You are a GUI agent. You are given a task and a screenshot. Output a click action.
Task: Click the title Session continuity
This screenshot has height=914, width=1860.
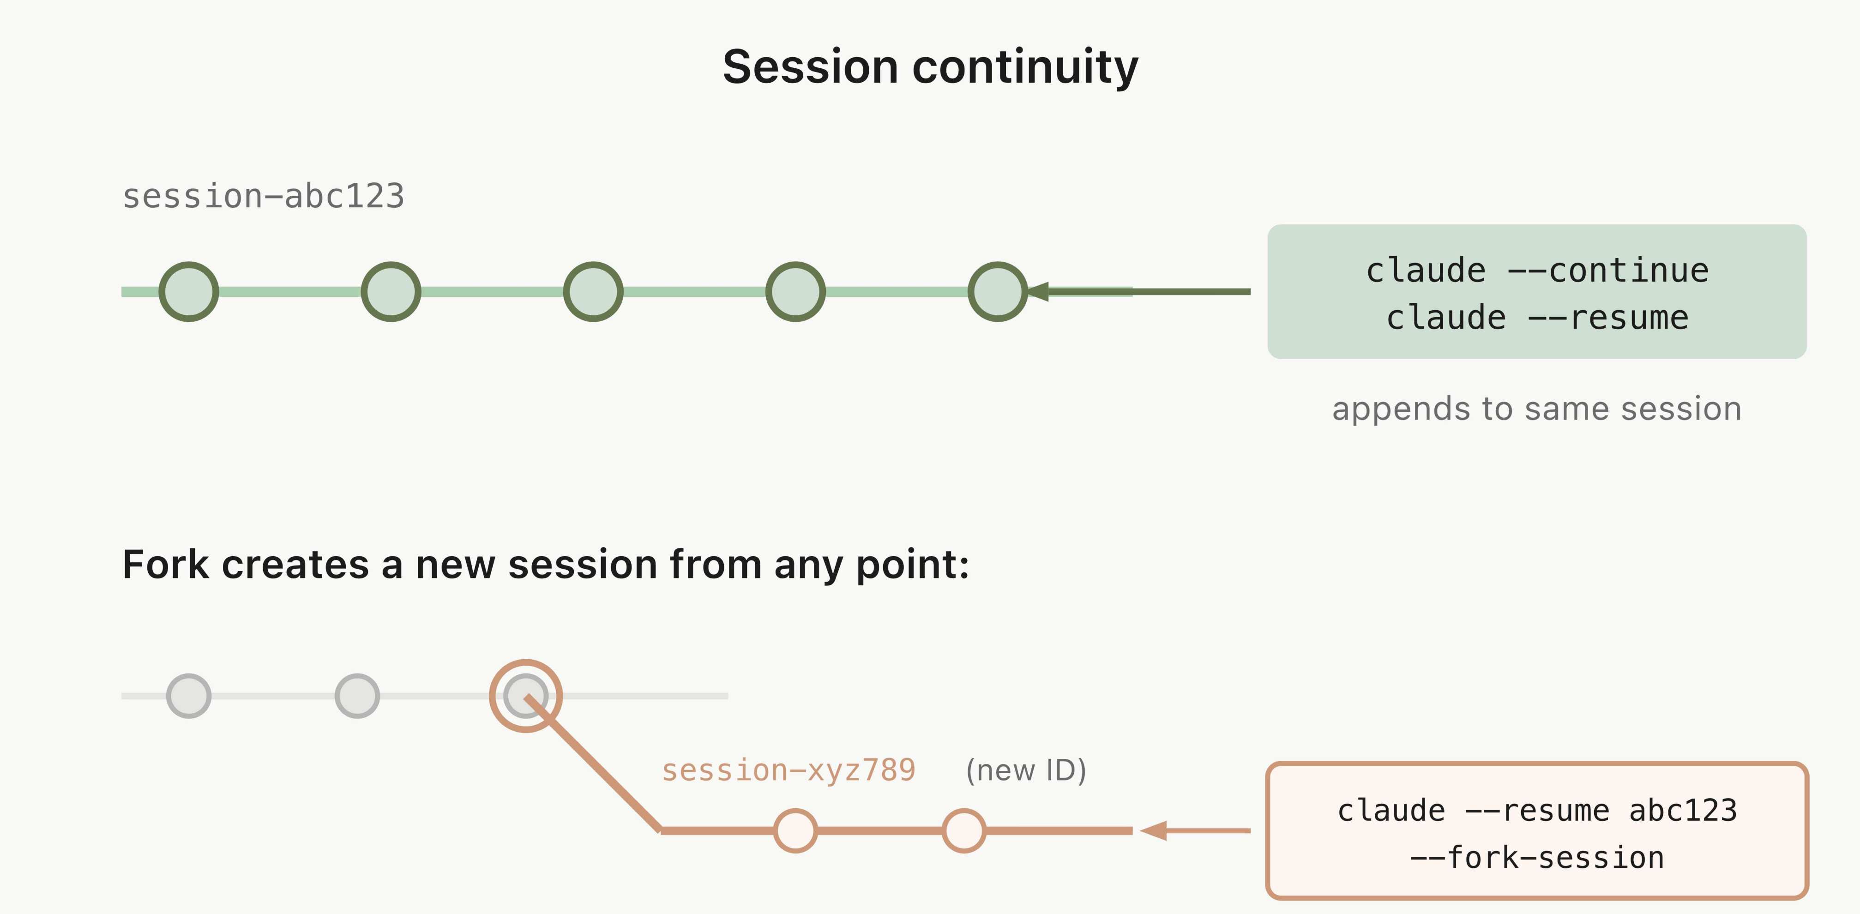pos(930,66)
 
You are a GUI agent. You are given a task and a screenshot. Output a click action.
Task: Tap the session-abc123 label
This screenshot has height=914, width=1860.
pos(263,196)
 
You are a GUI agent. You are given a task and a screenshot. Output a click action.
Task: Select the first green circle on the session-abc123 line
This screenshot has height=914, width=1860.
pos(188,292)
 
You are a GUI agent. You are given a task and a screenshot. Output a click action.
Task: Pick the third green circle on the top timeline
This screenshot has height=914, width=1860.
pos(593,292)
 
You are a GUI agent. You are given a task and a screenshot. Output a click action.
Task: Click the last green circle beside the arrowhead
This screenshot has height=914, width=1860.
pos(997,292)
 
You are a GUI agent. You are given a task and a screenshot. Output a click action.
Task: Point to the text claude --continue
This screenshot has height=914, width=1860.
pos(1536,271)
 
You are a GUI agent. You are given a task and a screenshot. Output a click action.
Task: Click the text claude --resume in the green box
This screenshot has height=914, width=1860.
pos(1536,318)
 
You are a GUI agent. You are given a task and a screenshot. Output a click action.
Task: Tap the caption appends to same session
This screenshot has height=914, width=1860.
pos(1536,409)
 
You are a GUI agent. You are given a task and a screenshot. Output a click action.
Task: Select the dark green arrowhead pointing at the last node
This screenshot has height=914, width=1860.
pos(1038,292)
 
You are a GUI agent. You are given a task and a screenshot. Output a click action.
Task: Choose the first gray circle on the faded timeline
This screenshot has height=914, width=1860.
pos(188,696)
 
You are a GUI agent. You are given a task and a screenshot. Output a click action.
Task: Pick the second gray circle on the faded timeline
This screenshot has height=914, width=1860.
pos(357,696)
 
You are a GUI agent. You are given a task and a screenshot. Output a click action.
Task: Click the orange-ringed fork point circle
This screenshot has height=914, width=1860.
pos(526,696)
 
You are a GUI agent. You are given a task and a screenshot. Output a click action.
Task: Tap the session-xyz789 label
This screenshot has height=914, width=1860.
pos(789,770)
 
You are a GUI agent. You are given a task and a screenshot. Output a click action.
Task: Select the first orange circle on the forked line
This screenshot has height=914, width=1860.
pos(795,831)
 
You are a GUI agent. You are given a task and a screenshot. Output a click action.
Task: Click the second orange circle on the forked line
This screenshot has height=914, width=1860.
pos(964,831)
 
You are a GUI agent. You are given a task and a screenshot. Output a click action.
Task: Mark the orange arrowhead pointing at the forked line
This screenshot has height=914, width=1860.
pos(1154,831)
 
